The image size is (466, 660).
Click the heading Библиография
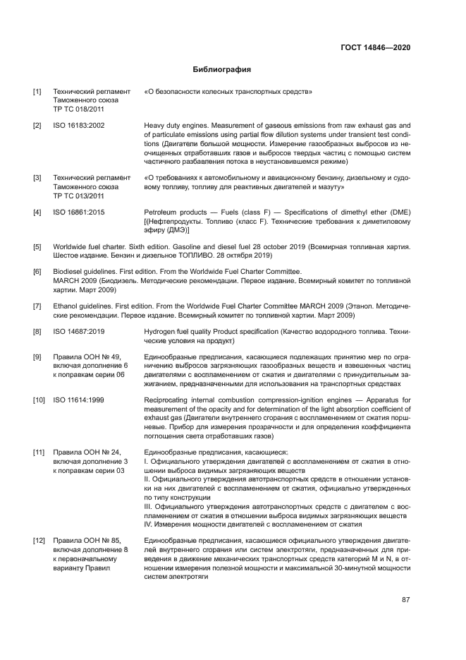pos(222,70)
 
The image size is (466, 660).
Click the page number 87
pos(406,601)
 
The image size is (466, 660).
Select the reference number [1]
pos(37,92)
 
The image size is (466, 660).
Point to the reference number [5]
pos(37,246)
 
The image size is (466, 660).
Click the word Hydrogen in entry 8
pos(159,330)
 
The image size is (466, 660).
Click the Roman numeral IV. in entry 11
pos(148,524)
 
